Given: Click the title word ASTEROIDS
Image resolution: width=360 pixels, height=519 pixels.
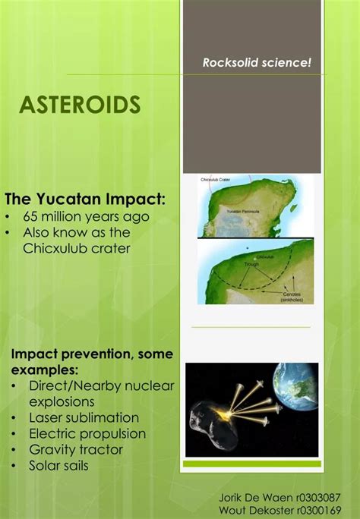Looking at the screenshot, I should point(80,105).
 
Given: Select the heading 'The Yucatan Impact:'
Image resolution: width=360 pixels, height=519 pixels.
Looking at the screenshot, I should point(84,200).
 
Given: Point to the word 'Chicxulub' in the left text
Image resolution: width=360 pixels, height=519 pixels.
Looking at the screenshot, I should point(54,248).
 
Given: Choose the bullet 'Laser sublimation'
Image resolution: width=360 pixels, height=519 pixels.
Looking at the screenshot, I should point(84,417).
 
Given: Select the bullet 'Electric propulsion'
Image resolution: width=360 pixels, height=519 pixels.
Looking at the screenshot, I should point(87,433).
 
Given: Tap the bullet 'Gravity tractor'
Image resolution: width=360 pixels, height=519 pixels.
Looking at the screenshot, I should point(75,449).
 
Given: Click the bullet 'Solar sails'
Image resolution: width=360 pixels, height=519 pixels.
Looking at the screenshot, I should point(58,465).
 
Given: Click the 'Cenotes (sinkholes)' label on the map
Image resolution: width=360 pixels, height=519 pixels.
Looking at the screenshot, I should point(292,297).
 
